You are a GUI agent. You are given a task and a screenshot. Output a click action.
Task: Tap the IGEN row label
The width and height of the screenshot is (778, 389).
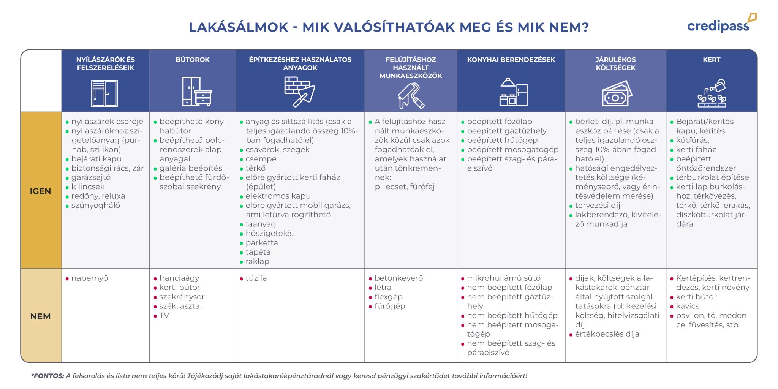click(40, 191)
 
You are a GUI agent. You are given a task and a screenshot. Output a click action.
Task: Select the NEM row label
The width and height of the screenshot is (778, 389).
click(40, 316)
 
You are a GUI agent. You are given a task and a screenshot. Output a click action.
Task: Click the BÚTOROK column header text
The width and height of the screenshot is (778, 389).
click(193, 60)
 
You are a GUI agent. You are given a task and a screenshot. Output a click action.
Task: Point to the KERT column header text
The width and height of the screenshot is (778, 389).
click(712, 60)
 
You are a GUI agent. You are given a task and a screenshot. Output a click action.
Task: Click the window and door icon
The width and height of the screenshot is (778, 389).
click(104, 93)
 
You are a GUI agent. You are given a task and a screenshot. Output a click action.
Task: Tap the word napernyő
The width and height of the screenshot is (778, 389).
click(90, 278)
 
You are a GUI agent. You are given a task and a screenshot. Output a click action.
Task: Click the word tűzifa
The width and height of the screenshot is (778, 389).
click(256, 278)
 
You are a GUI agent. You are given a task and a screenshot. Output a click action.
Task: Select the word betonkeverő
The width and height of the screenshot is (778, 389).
click(398, 278)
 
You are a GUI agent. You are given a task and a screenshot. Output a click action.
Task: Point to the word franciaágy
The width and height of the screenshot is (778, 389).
click(179, 278)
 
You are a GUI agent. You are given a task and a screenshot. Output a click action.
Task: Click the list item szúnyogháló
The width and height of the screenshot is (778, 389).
click(96, 206)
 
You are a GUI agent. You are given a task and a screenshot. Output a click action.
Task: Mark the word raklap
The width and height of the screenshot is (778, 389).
click(257, 261)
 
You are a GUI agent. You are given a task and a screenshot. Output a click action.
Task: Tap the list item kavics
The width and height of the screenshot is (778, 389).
click(688, 306)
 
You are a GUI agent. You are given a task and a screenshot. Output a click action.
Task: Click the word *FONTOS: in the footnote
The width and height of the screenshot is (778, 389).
click(48, 376)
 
